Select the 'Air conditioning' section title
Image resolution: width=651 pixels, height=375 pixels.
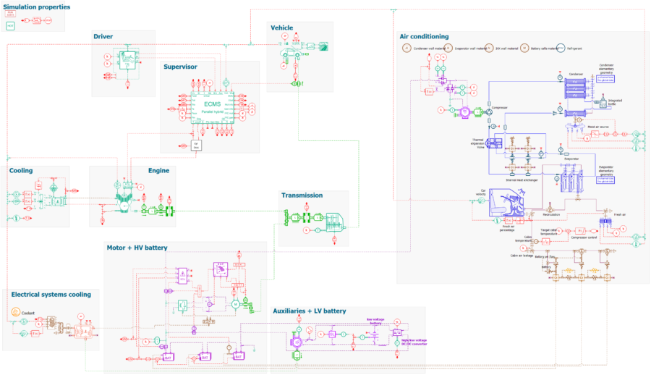click(424, 36)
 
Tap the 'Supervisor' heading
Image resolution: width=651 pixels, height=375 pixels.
click(180, 67)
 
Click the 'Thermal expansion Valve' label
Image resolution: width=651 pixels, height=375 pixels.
click(477, 143)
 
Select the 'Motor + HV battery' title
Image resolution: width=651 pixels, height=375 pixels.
click(137, 248)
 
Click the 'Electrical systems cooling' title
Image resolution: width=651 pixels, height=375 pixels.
click(51, 295)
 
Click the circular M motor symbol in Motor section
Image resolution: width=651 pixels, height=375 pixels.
click(234, 305)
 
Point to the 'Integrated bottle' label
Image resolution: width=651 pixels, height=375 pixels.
click(615, 101)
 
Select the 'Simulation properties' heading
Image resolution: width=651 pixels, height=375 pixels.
click(36, 7)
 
